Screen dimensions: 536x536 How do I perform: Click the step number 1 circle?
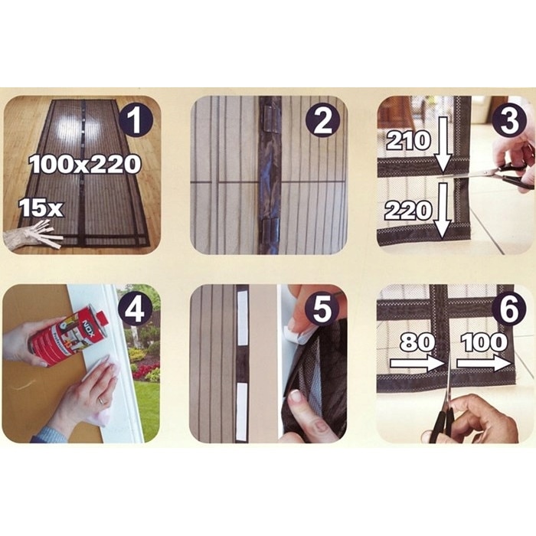[x=135, y=120]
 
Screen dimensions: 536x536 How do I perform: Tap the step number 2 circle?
[x=322, y=120]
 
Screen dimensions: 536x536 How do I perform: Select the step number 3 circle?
[x=509, y=120]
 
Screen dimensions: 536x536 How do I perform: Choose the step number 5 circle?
[x=322, y=309]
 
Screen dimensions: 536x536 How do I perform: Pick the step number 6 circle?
[x=509, y=309]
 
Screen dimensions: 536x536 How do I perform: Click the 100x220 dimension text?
[x=85, y=164]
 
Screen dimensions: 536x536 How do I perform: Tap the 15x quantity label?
[x=41, y=208]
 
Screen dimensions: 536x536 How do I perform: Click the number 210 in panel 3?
[x=408, y=141]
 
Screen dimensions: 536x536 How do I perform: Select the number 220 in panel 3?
[x=408, y=211]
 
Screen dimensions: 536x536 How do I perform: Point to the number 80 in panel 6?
[x=417, y=342]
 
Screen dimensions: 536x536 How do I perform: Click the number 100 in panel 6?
[x=484, y=342]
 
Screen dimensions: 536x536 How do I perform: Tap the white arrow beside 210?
[x=443, y=145]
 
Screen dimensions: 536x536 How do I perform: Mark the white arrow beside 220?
[x=443, y=211]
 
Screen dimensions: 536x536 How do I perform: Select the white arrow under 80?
[x=417, y=364]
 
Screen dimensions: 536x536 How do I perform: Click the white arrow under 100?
[x=483, y=364]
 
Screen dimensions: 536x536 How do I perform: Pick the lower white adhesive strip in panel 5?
[x=242, y=412]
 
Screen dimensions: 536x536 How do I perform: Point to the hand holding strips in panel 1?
[x=32, y=236]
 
